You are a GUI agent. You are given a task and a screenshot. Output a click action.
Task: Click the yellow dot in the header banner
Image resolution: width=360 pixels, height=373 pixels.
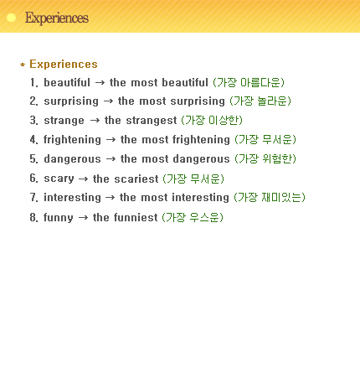click(x=11, y=18)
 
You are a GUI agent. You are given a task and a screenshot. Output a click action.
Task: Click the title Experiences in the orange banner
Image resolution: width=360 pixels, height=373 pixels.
click(x=57, y=18)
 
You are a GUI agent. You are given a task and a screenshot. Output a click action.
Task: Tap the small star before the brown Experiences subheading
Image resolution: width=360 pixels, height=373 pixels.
click(x=23, y=65)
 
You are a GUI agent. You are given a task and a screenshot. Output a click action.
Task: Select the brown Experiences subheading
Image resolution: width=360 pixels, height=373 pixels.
click(x=64, y=64)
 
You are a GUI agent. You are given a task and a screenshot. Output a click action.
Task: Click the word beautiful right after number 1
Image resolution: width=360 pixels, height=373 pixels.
click(x=67, y=82)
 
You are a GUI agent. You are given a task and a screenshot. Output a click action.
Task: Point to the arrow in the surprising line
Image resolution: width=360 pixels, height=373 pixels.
click(x=108, y=101)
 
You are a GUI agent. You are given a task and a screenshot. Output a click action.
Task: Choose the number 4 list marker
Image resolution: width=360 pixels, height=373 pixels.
click(x=33, y=139)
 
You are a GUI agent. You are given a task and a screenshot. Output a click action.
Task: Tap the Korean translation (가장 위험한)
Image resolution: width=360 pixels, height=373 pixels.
click(x=265, y=158)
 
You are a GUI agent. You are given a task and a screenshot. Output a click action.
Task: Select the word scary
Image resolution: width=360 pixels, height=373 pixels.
click(x=59, y=179)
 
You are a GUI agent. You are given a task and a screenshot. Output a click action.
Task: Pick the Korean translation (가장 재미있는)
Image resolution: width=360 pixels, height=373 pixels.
click(x=270, y=197)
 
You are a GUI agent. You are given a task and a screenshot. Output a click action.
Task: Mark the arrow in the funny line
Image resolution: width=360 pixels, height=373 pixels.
click(x=83, y=217)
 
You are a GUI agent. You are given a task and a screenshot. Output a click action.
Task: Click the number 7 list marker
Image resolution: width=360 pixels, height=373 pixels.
click(x=33, y=197)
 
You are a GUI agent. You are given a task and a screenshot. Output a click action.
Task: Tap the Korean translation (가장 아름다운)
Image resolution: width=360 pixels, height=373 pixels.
click(x=249, y=82)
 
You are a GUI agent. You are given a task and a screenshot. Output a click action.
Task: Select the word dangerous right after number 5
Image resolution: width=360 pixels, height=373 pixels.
click(x=72, y=158)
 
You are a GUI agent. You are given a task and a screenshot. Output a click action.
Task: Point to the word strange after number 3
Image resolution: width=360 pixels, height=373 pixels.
click(x=64, y=121)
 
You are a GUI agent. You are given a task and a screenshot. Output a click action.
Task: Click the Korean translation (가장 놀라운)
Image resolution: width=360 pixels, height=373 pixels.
click(x=260, y=101)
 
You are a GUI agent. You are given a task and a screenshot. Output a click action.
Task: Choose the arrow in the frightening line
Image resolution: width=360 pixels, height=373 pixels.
click(x=111, y=139)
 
